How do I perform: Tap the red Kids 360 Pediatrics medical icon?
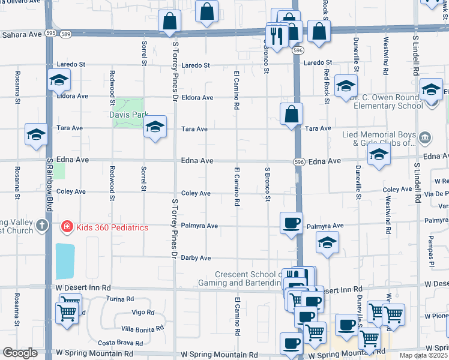[66, 227]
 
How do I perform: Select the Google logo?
[20, 353]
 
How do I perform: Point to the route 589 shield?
[67, 34]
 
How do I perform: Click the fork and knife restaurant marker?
[277, 36]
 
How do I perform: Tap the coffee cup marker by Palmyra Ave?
[292, 223]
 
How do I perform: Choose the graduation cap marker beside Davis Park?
[155, 127]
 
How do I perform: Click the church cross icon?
[41, 226]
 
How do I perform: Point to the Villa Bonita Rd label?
[142, 328]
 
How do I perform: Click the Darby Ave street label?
[196, 257]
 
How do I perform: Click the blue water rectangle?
[65, 261]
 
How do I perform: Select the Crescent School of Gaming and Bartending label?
[240, 278]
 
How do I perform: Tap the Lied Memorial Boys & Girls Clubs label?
[378, 139]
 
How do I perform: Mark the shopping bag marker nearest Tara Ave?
[291, 114]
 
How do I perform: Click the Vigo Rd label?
[143, 313]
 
